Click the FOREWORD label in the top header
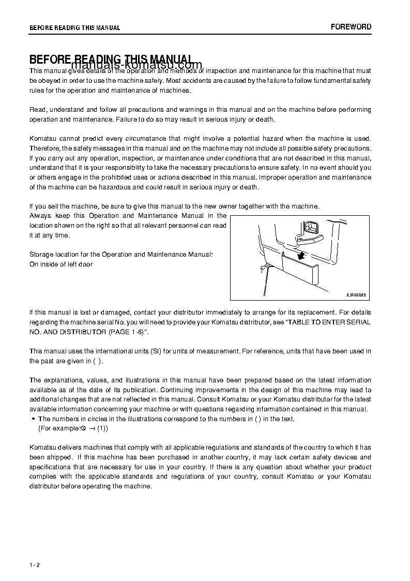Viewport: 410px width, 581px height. tap(351, 27)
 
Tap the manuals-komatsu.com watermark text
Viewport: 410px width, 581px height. tap(136, 65)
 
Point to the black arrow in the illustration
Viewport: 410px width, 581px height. tap(300, 255)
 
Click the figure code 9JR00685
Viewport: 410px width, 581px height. tap(356, 294)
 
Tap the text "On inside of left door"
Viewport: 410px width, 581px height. tap(61, 264)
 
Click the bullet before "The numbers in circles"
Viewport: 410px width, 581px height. tap(33, 419)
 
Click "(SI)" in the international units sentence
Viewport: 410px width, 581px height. tap(156, 351)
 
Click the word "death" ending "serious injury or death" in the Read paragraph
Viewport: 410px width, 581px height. tap(265, 119)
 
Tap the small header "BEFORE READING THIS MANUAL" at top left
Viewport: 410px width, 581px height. tap(74, 28)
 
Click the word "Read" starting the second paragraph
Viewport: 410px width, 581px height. tap(37, 110)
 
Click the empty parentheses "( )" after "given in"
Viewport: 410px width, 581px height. tap(97, 361)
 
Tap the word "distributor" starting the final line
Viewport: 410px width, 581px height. tap(45, 486)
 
